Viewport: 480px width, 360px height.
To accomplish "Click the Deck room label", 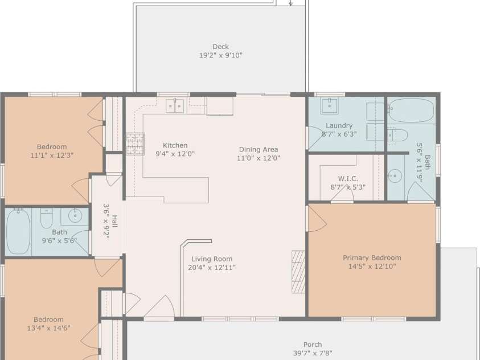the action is click(x=220, y=47).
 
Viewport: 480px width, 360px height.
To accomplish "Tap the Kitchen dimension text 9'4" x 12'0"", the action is click(x=175, y=154).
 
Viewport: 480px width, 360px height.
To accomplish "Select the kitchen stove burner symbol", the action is click(x=135, y=144).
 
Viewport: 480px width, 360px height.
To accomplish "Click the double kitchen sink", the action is click(x=175, y=106).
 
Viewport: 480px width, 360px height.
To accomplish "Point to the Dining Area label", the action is click(x=259, y=149).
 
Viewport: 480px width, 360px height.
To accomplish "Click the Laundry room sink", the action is click(x=329, y=106).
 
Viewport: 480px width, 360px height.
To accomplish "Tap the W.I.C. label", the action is click(x=348, y=178).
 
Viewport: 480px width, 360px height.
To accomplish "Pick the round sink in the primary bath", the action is click(x=395, y=176).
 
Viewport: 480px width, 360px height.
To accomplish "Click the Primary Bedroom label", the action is click(x=372, y=258).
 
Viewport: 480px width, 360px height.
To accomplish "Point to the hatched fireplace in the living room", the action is click(x=298, y=272).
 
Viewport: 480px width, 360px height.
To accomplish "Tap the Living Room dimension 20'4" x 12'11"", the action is click(x=212, y=268).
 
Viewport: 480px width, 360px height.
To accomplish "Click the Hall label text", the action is click(x=114, y=221).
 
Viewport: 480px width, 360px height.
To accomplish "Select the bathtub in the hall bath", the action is click(x=18, y=231).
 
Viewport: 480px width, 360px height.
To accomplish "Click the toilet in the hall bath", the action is click(x=47, y=218).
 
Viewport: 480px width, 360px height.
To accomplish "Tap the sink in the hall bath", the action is click(x=75, y=216).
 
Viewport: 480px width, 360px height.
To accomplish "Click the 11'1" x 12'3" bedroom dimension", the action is click(x=52, y=155).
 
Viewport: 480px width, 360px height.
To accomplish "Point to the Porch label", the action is click(x=313, y=345).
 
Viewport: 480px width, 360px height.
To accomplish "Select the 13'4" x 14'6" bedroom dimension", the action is click(x=48, y=328).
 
